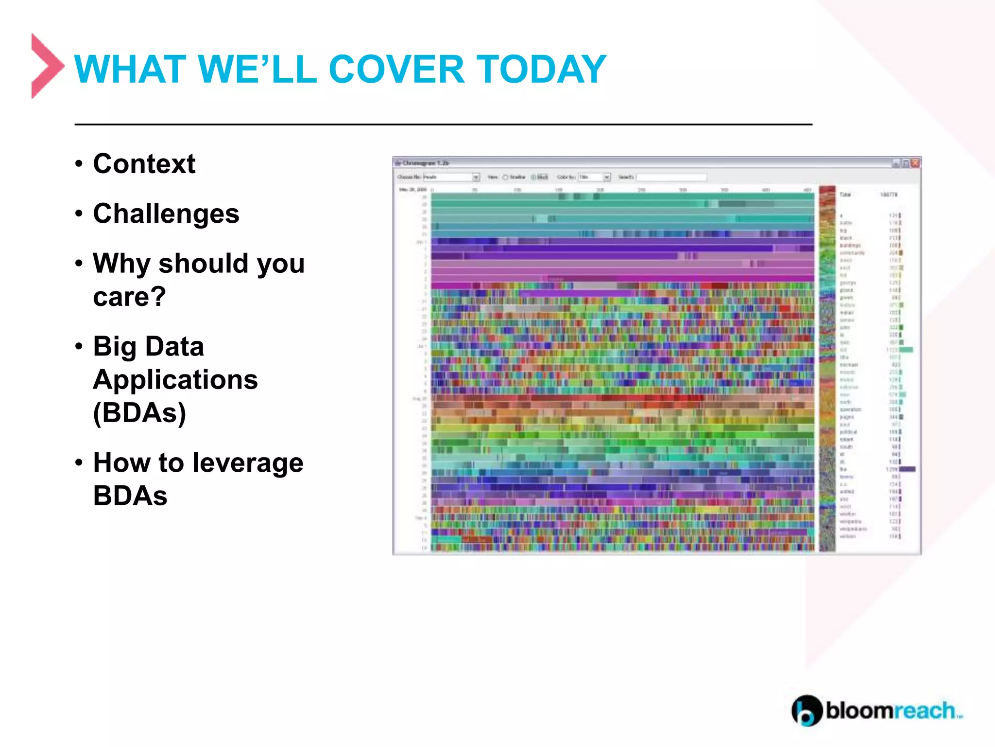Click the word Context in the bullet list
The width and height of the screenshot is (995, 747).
(144, 164)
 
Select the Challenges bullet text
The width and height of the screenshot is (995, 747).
(166, 213)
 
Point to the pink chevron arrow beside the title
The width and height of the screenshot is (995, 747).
(46, 66)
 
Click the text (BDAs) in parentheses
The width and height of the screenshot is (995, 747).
(139, 413)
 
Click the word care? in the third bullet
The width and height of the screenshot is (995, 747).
(129, 297)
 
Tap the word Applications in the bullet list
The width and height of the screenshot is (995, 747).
(175, 380)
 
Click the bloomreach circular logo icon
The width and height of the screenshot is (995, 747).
(806, 711)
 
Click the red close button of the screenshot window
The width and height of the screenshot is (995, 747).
(915, 163)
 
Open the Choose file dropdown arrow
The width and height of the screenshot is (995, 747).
(476, 177)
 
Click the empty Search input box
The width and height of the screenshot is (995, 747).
(671, 177)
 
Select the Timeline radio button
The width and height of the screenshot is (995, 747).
(505, 177)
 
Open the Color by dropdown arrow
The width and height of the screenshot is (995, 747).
(606, 177)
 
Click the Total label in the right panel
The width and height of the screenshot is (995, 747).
(845, 195)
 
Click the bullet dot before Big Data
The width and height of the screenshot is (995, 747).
(79, 346)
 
